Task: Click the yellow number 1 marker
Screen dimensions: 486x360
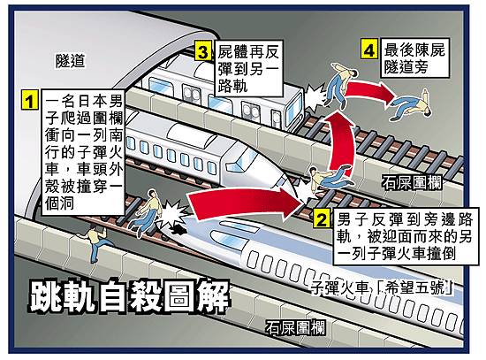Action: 30,100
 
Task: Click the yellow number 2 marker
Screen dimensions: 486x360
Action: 321,218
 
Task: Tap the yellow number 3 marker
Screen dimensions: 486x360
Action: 203,50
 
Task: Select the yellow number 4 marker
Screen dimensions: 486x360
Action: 369,49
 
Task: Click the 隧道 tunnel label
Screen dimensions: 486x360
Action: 71,60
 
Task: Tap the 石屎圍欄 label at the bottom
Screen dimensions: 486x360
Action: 295,327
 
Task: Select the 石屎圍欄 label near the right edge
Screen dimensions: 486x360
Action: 413,182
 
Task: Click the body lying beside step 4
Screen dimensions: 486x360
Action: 411,104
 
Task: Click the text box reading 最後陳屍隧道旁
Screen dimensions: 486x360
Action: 414,58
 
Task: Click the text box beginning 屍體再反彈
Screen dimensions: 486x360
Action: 249,68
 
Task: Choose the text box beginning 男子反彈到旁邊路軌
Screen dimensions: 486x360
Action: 406,236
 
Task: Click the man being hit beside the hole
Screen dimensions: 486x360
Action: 146,212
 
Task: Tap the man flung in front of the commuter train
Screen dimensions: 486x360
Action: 339,85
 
